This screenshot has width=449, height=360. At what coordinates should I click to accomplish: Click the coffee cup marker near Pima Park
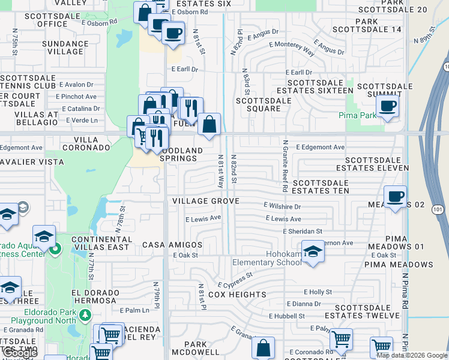(387, 106)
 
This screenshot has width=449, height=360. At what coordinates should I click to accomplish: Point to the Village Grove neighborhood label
(206, 201)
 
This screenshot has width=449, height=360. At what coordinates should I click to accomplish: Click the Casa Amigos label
(172, 245)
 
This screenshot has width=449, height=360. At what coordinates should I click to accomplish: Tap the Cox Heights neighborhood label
(237, 295)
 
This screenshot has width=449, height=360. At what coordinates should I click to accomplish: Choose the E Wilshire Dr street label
(282, 206)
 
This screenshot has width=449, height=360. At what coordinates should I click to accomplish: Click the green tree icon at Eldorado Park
(85, 314)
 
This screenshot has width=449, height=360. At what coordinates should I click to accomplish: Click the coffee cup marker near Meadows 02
(395, 196)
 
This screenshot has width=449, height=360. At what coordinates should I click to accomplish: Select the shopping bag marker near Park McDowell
(263, 347)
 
